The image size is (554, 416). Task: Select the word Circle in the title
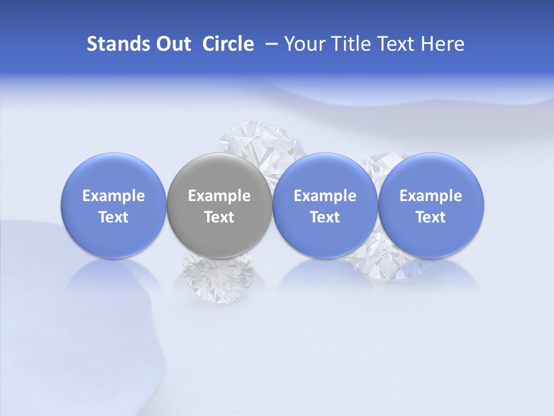[x=228, y=44]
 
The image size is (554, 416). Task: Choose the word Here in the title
[x=443, y=44]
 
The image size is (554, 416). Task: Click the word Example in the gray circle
[x=219, y=196]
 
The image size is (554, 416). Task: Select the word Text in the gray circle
[x=219, y=217]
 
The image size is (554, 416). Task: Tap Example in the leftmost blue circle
[x=114, y=196]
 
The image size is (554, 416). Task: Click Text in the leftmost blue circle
[x=114, y=217]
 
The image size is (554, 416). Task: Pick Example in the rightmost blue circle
[x=431, y=196]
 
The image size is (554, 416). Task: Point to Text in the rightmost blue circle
[x=431, y=217]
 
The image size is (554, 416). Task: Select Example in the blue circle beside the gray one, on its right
[x=325, y=196]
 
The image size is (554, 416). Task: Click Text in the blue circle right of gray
[x=325, y=217]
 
